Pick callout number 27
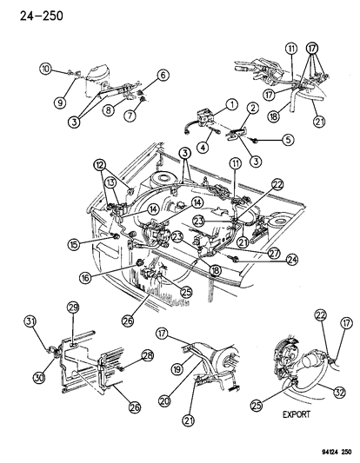[x=250, y=252]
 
